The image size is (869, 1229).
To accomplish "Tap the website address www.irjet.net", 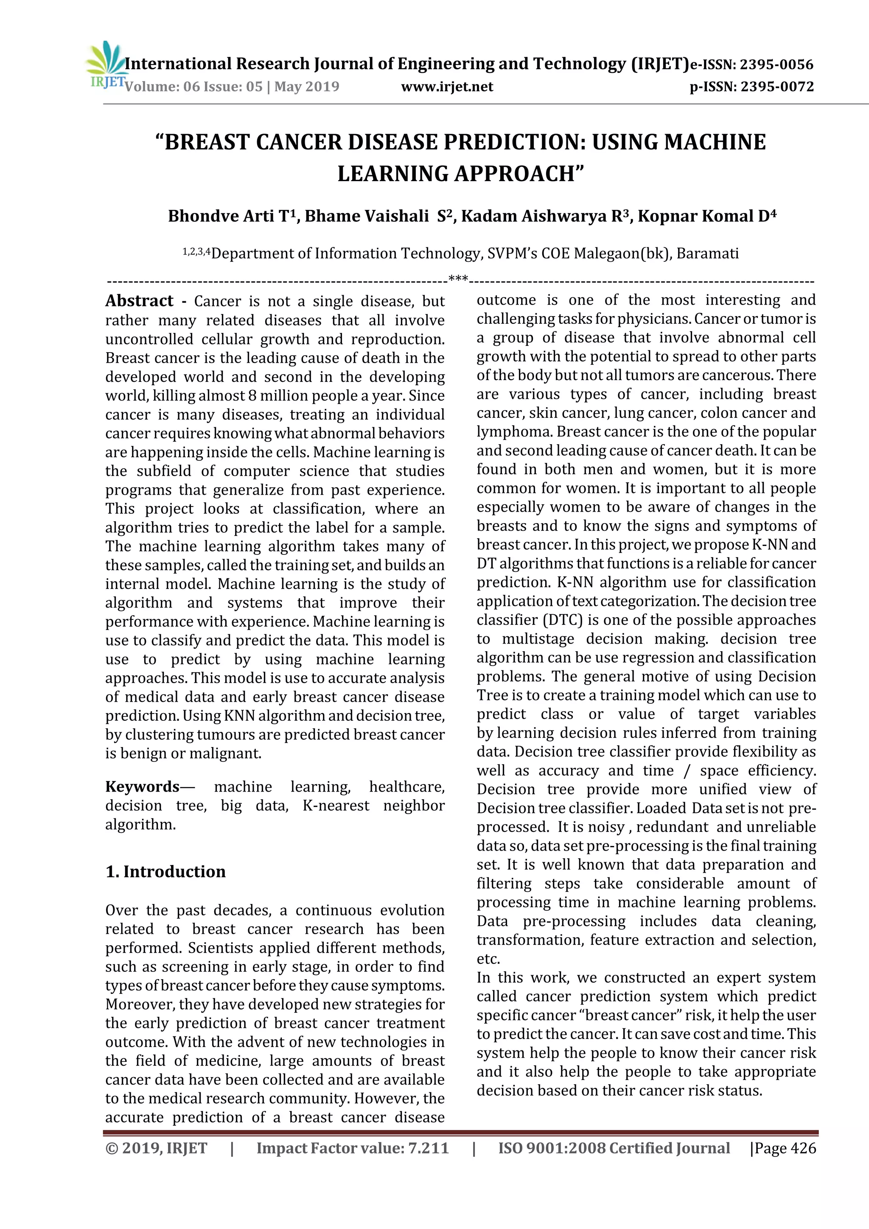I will [447, 87].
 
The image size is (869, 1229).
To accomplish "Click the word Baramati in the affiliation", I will [707, 253].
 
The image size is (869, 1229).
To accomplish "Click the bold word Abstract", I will [139, 301].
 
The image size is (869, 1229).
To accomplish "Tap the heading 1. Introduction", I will [165, 871].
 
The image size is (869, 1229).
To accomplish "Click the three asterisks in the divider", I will [458, 279].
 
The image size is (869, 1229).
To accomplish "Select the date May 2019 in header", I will [307, 87].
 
